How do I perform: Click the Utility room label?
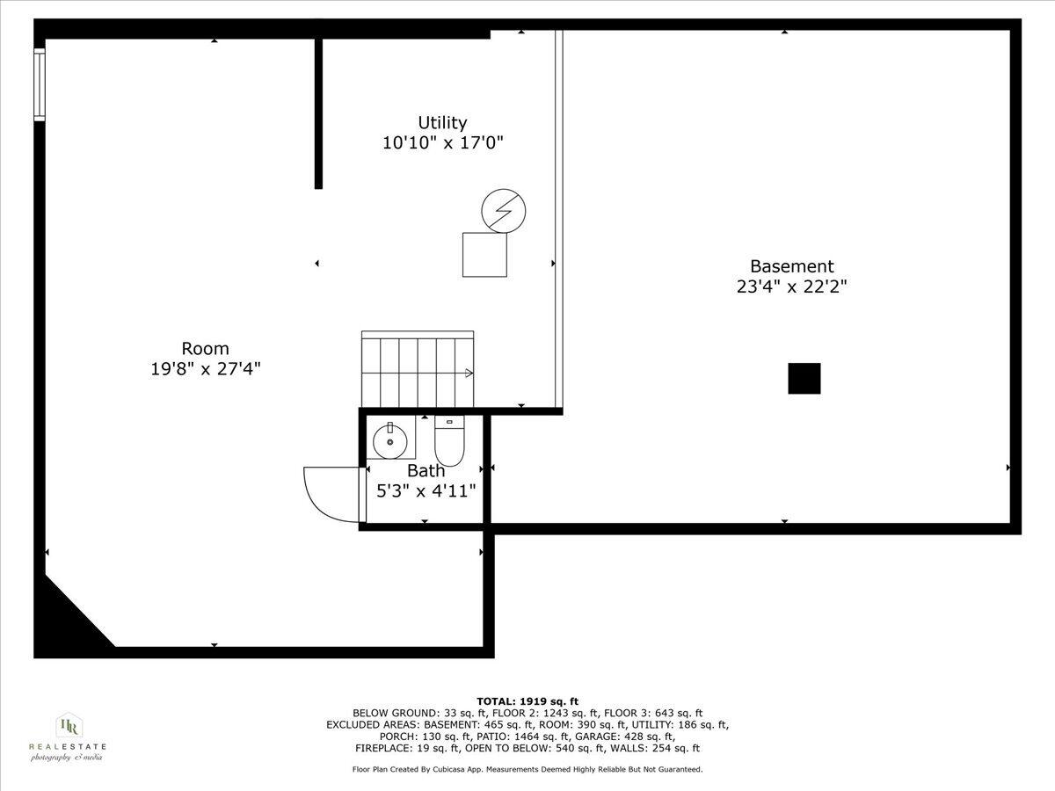442,123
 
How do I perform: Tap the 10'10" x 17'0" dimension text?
442,142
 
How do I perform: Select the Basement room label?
791,266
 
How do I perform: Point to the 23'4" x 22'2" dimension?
791,287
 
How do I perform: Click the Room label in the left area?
205,349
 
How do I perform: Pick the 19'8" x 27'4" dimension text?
205,369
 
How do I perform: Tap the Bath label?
426,471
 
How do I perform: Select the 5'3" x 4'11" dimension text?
426,491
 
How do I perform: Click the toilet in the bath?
449,441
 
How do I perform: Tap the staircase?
418,369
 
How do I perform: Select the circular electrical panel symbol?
504,211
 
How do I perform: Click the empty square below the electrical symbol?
485,255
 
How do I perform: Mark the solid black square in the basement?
804,379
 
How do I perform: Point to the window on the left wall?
39,83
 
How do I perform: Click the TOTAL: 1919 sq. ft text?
527,700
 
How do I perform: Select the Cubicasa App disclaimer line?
527,769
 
